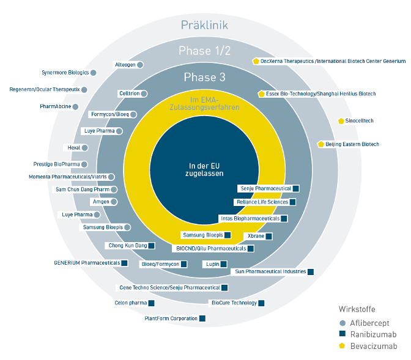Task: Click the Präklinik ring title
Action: point(204,25)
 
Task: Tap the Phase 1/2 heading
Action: point(204,51)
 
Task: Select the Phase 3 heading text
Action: point(204,77)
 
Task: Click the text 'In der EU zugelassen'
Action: point(204,169)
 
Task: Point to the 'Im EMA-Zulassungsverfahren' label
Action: point(204,103)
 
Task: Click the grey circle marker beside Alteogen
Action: point(140,65)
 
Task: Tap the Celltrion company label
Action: point(130,94)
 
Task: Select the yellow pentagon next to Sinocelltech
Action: point(341,121)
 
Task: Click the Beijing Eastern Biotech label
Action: point(352,144)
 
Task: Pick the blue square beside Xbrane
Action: point(268,236)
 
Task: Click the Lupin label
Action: point(213,264)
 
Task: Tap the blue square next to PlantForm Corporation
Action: point(202,318)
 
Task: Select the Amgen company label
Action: point(101,202)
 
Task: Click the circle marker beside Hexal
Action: point(84,148)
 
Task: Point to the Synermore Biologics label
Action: point(65,73)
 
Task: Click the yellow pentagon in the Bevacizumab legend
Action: point(342,346)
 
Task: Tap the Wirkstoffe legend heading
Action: point(357,309)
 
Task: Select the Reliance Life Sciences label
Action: point(262,202)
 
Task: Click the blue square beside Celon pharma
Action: point(151,303)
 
